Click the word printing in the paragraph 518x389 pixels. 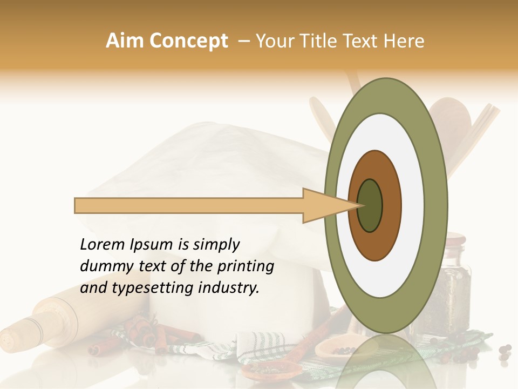click(x=246, y=267)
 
